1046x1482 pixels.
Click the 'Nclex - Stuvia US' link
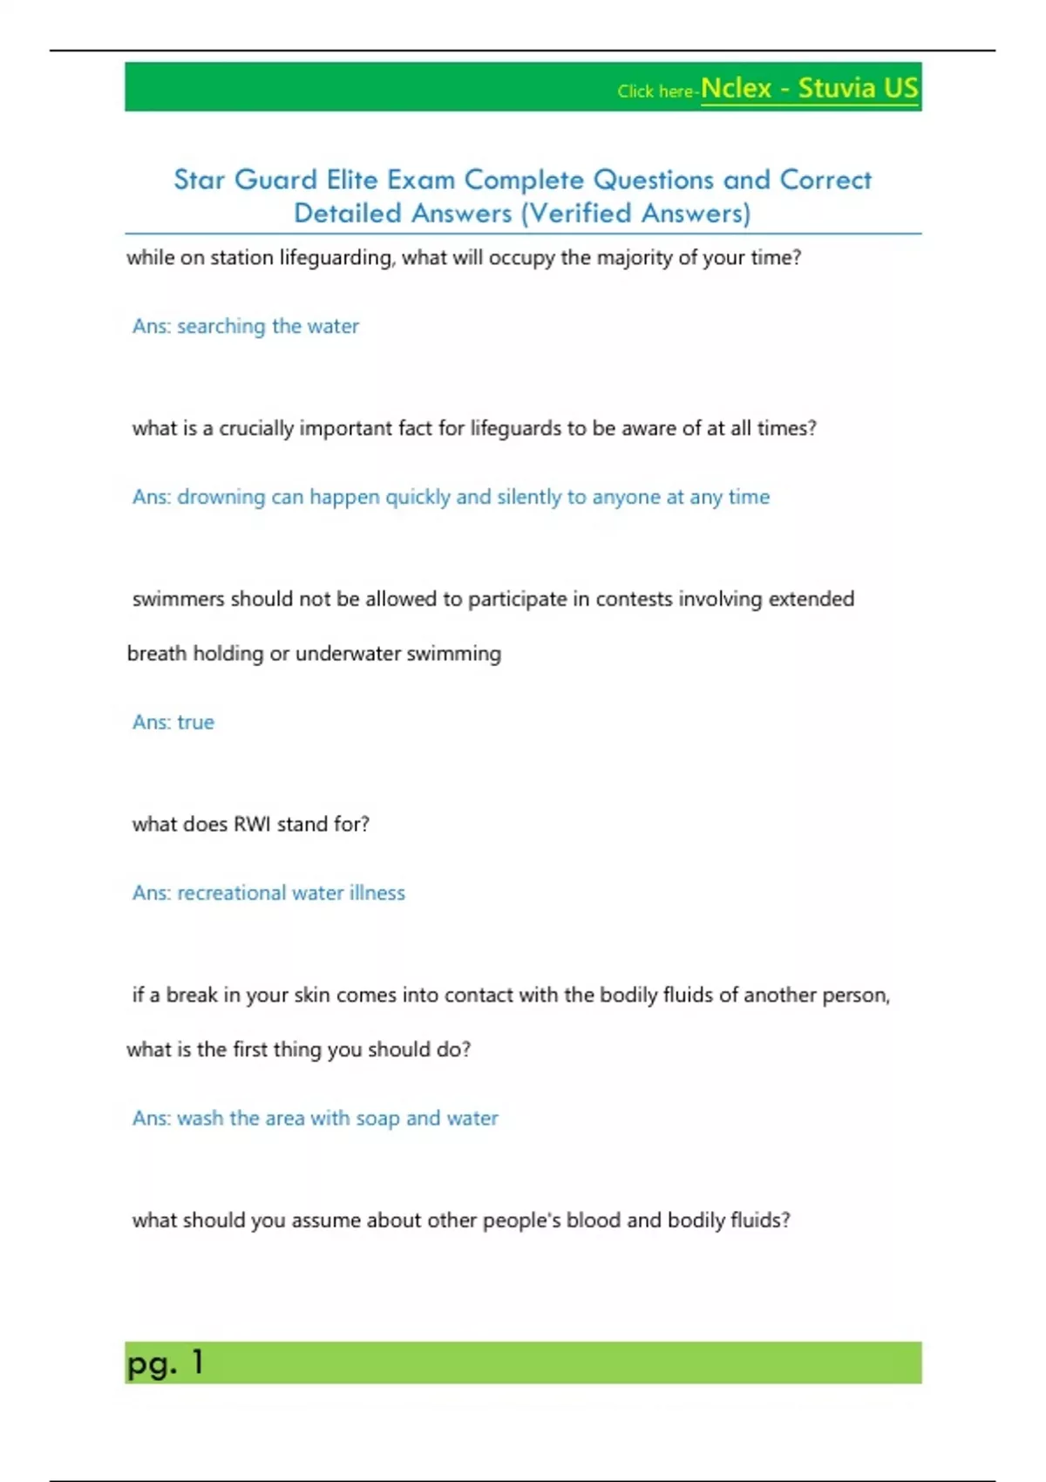[x=809, y=89]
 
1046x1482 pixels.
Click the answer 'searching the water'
[x=268, y=326]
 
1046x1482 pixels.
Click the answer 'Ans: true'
[x=173, y=722]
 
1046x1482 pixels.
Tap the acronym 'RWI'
[x=252, y=824]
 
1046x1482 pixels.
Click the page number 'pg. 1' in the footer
[x=165, y=1363]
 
